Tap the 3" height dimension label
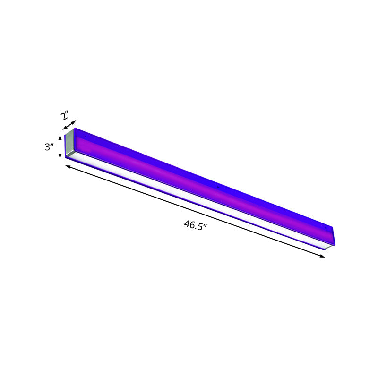coord(50,147)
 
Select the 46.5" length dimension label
coord(196,224)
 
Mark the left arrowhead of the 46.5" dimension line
coord(68,165)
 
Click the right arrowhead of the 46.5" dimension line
coord(323,256)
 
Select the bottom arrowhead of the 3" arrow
coord(60,157)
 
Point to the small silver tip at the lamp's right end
coord(327,247)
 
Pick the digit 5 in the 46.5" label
coord(202,226)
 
